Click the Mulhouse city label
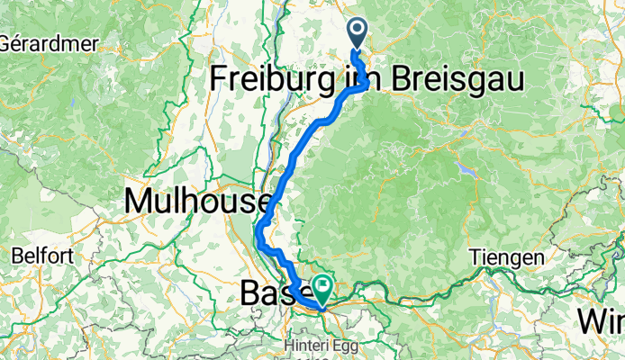point(199,201)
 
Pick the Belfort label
point(41,256)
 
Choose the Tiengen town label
point(507,258)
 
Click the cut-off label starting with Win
point(601,319)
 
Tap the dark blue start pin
point(358,34)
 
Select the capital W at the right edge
point(590,319)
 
